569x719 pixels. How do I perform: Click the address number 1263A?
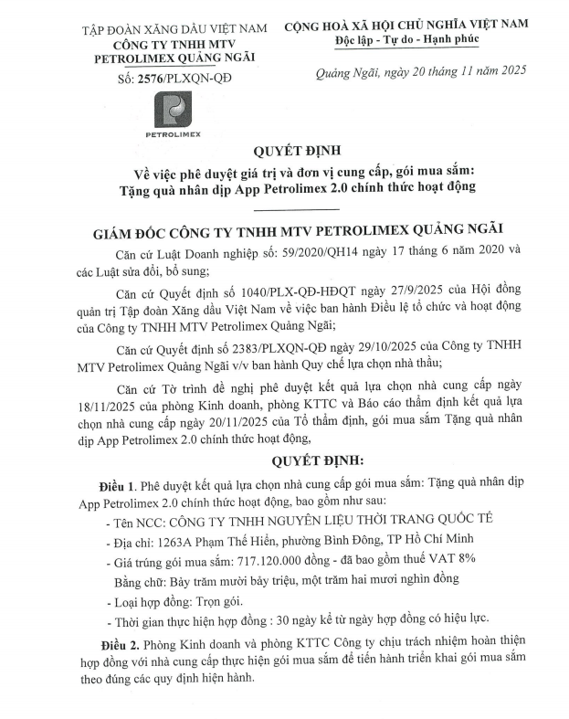172,537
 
